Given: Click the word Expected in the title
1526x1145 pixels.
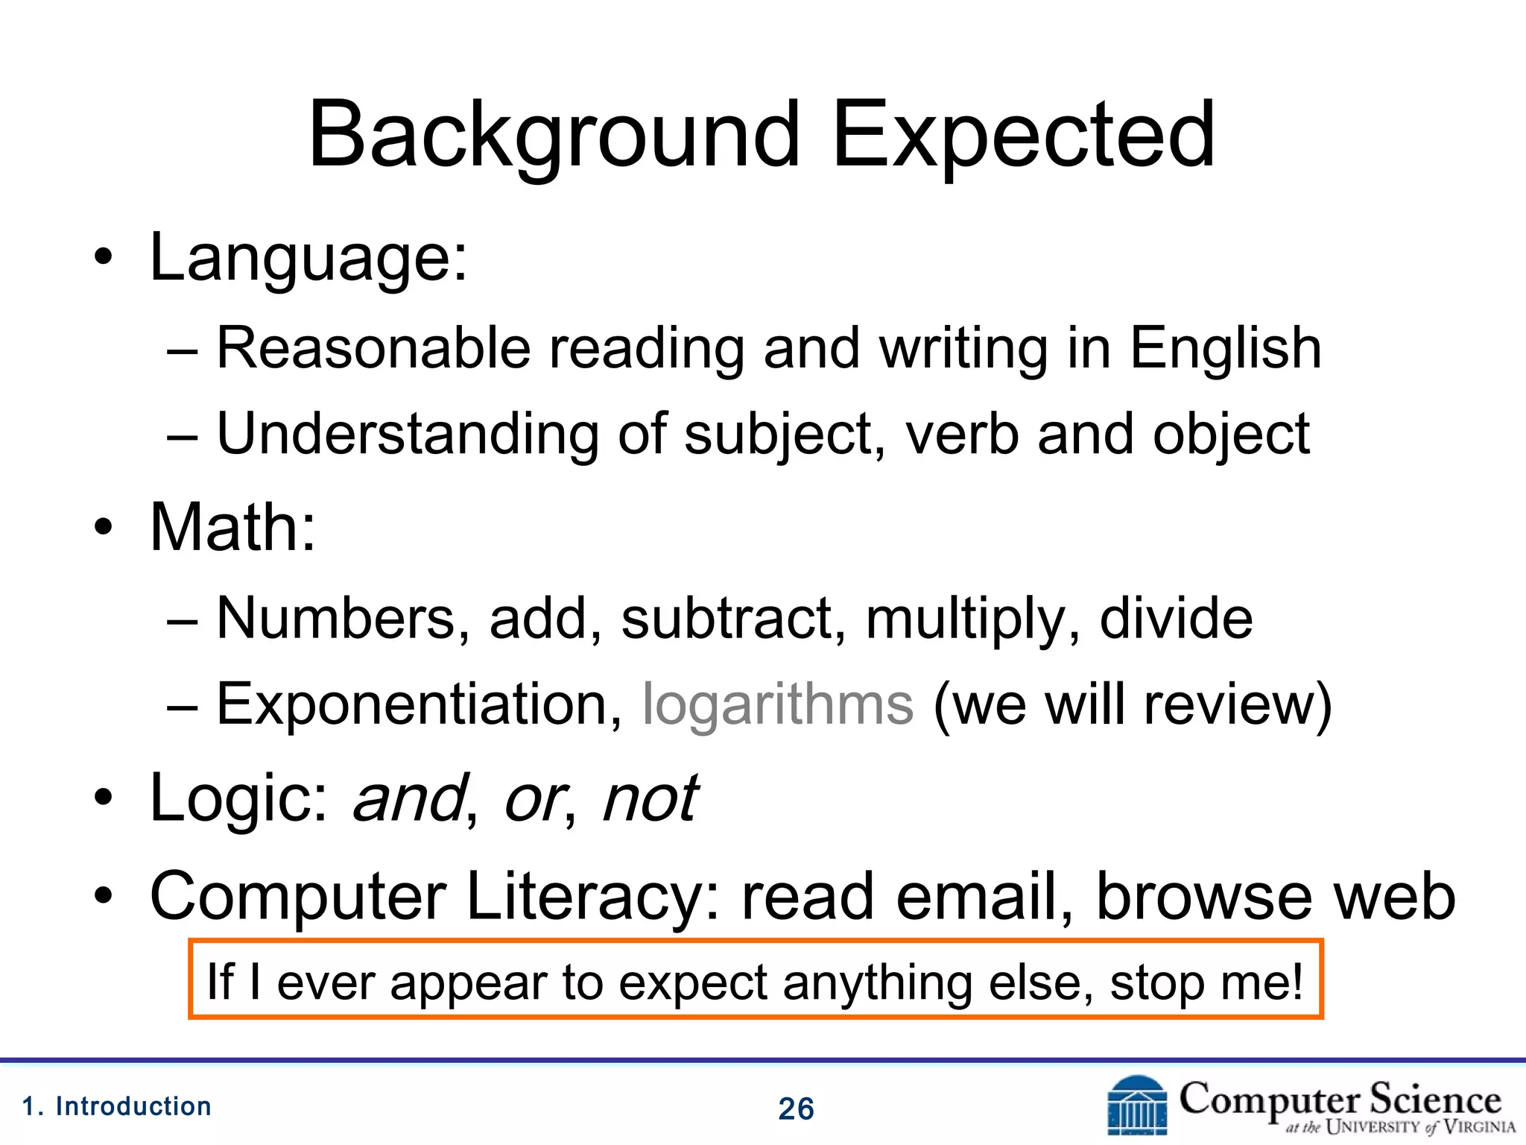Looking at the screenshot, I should click(1024, 136).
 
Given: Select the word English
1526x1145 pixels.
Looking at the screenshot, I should click(1226, 349).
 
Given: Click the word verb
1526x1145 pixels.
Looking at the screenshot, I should click(962, 435).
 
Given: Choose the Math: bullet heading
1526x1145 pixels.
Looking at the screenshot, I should click(233, 528).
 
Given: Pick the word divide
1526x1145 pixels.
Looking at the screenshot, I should click(1177, 618).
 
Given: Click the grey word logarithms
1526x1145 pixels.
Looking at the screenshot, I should click(778, 704).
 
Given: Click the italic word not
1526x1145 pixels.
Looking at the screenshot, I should click(650, 798).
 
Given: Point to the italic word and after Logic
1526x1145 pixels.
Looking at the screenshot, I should click(409, 798).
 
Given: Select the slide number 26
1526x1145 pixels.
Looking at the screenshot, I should click(796, 1109).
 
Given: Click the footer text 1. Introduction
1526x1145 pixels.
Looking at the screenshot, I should click(117, 1107).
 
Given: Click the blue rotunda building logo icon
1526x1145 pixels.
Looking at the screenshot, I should click(1137, 1105).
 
